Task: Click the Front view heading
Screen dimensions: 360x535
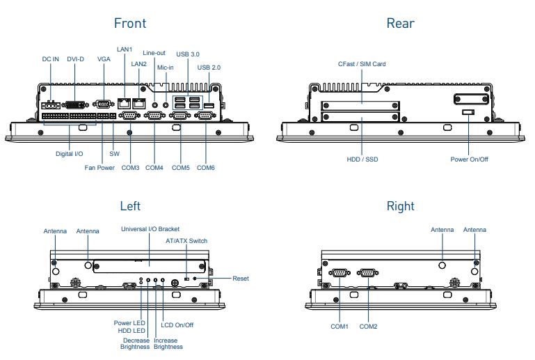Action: point(130,23)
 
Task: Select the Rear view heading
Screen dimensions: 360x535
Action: point(400,23)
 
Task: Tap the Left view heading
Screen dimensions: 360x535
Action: point(130,206)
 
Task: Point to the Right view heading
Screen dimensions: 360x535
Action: point(400,206)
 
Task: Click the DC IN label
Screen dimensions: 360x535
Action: point(50,59)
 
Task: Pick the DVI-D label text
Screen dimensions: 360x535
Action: point(76,59)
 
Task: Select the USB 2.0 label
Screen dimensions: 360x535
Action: point(209,68)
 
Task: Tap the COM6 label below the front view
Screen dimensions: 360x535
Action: point(206,168)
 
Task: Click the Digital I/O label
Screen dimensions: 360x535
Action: point(70,153)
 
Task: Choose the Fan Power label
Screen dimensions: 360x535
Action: point(99,168)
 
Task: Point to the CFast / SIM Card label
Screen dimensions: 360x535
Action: point(362,64)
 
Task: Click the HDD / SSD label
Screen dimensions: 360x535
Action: point(362,159)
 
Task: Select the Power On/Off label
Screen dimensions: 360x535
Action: point(469,159)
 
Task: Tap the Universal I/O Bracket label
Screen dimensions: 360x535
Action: point(150,228)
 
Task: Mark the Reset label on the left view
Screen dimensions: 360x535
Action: point(241,279)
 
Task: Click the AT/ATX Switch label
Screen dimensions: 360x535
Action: point(186,241)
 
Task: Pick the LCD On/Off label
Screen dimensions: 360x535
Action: point(177,324)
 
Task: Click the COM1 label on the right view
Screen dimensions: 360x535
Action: point(340,326)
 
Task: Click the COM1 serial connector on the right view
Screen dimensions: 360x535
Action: point(340,273)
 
